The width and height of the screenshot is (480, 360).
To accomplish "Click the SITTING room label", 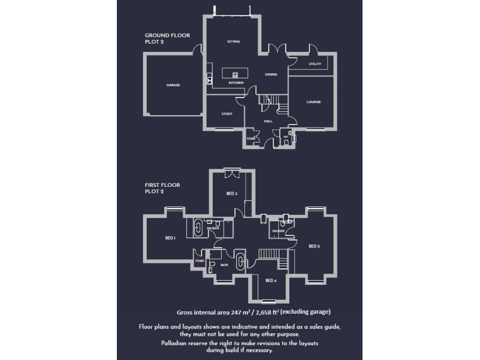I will pyautogui.click(x=233, y=41).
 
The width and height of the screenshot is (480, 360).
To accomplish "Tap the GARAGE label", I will pyautogui.click(x=173, y=85).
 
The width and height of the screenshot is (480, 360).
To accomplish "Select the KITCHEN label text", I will pyautogui.click(x=236, y=82).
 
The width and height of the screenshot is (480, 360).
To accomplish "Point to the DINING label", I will pyautogui.click(x=271, y=74).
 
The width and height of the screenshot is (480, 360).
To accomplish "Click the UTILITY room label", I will pyautogui.click(x=314, y=64).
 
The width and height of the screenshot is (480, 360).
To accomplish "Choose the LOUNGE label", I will pyautogui.click(x=313, y=101).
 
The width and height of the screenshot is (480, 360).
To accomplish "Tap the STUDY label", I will pyautogui.click(x=227, y=114).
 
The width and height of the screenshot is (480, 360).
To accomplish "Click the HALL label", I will pyautogui.click(x=268, y=121).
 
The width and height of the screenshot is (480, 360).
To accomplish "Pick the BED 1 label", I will pyautogui.click(x=170, y=238).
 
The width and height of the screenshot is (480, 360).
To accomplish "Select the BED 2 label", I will pyautogui.click(x=314, y=246).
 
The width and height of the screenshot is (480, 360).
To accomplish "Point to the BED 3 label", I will pyautogui.click(x=232, y=194).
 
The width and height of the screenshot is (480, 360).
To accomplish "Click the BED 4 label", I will pyautogui.click(x=271, y=280).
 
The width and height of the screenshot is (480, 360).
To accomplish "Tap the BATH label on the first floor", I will pyautogui.click(x=224, y=265).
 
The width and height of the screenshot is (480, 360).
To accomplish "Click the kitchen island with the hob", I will pyautogui.click(x=236, y=73).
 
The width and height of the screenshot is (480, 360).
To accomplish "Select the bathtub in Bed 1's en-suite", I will pyautogui.click(x=199, y=226).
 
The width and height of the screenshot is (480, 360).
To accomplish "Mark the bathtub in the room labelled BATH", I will pyautogui.click(x=241, y=260).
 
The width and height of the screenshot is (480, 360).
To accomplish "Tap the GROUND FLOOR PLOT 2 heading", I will pyautogui.click(x=167, y=38).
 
